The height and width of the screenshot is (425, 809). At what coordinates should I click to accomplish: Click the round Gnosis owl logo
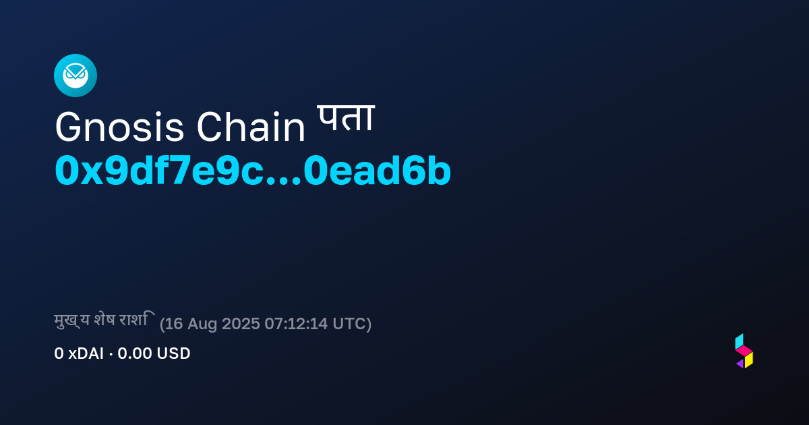[76, 76]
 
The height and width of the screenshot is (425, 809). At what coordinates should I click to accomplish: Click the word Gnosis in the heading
[119, 128]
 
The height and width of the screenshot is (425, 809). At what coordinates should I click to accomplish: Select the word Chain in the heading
[251, 127]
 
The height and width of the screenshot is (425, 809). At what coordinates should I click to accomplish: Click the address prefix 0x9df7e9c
[160, 170]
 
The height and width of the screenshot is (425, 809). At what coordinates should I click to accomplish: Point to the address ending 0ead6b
[377, 170]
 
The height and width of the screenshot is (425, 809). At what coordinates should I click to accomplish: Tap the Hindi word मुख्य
[72, 320]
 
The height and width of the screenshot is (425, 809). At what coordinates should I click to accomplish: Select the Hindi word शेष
[104, 320]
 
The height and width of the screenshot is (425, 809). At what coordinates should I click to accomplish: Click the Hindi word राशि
[138, 319]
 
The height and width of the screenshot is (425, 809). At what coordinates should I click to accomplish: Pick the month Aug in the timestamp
[202, 324]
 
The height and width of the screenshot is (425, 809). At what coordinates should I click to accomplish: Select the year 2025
[241, 323]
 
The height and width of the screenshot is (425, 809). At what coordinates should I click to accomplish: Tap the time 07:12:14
[296, 323]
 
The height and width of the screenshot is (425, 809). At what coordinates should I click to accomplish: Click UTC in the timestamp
[349, 323]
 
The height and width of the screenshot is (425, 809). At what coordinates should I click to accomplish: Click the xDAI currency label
[86, 353]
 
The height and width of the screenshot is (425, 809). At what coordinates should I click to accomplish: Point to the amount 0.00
[135, 353]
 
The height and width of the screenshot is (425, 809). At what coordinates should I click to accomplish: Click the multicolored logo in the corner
[744, 351]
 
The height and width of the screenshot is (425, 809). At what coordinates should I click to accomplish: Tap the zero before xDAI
[59, 353]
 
